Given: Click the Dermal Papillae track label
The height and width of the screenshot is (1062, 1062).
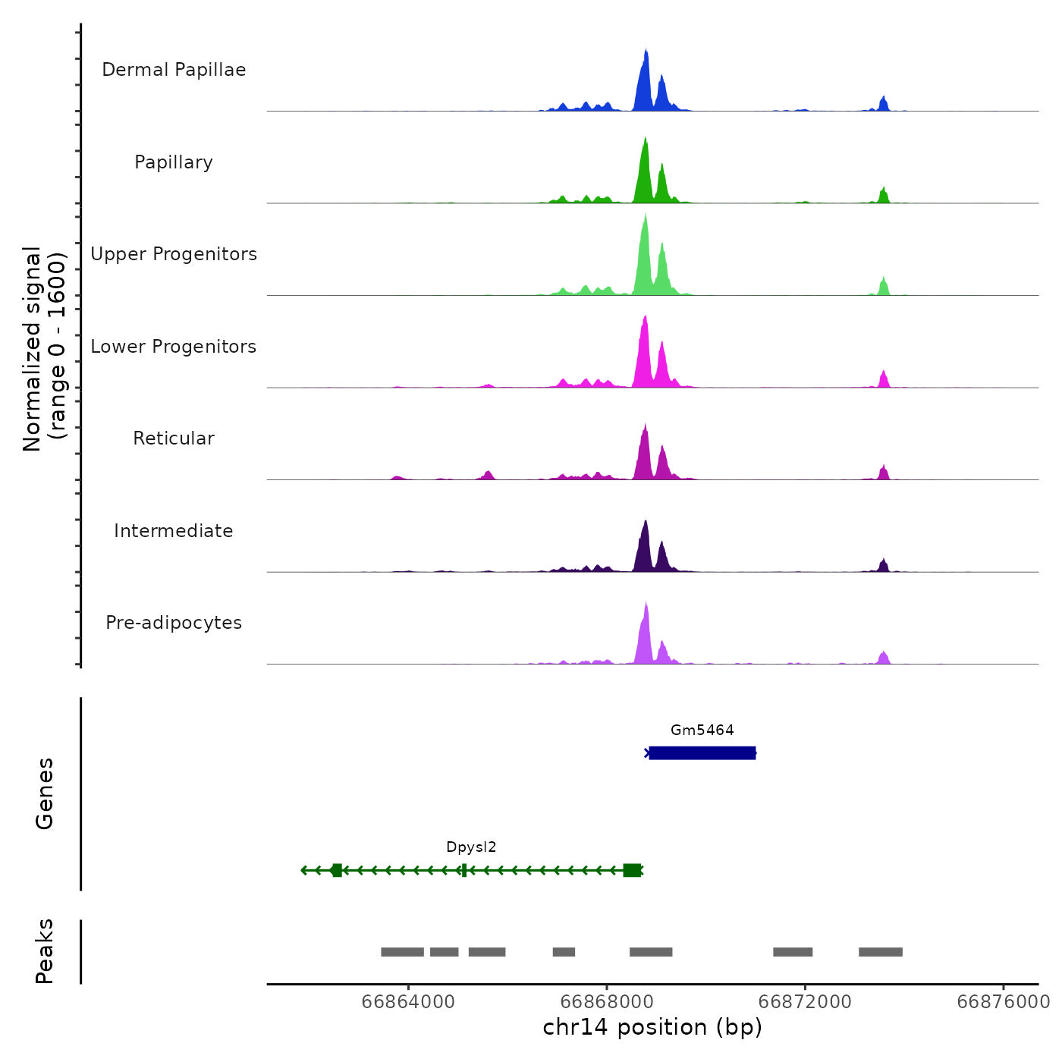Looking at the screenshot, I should click(x=174, y=70).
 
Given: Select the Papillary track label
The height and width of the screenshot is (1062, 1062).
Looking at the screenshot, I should click(x=174, y=162).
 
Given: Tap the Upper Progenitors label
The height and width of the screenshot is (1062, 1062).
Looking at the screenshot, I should click(x=174, y=254).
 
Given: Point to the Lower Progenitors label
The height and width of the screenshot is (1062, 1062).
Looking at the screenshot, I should click(x=174, y=347).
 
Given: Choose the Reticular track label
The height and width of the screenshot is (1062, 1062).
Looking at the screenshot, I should click(x=174, y=438).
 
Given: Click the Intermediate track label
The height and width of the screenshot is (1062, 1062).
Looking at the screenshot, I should click(x=174, y=531).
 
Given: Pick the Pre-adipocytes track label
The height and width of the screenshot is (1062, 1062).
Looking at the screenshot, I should click(x=174, y=623).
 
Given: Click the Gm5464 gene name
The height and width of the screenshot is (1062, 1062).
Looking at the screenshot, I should click(x=702, y=731).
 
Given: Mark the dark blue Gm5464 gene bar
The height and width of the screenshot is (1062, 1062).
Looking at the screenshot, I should click(x=702, y=753).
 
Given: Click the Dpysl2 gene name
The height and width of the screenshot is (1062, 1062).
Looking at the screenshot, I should click(x=471, y=847).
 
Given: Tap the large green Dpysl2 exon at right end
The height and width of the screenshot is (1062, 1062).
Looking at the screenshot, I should click(x=632, y=870).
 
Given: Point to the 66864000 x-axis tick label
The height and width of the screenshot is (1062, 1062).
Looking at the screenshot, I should click(x=408, y=1002).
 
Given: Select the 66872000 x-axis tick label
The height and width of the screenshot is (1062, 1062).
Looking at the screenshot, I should click(x=805, y=1002).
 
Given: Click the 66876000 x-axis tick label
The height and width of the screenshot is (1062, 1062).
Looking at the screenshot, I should click(x=1003, y=1002).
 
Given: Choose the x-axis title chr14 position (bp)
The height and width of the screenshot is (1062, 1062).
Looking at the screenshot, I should click(x=652, y=1027).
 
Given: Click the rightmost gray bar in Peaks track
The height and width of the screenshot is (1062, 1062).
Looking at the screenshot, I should click(x=880, y=952).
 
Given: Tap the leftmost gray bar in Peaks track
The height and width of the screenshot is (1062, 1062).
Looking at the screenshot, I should click(x=402, y=952).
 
